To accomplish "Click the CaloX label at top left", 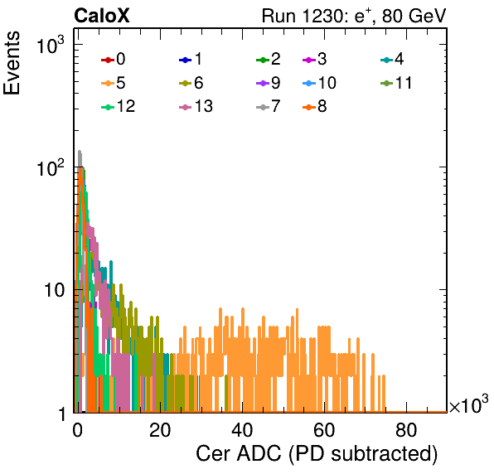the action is pyautogui.click(x=102, y=16).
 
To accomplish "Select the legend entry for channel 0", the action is pyautogui.click(x=114, y=59).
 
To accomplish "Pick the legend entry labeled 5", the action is pyautogui.click(x=114, y=83).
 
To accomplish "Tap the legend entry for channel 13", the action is pyautogui.click(x=196, y=106).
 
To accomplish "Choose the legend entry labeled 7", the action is pyautogui.click(x=269, y=106).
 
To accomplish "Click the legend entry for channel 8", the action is pyautogui.click(x=315, y=106).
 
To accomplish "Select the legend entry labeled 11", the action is pyautogui.click(x=396, y=83).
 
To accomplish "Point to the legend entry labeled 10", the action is pyautogui.click(x=319, y=83).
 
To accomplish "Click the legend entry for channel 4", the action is pyautogui.click(x=392, y=59).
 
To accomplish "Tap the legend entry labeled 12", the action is pyautogui.click(x=119, y=106).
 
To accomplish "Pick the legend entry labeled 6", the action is pyautogui.click(x=191, y=83).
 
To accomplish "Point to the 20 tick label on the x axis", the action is pyautogui.click(x=160, y=430).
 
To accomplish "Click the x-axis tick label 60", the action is pyautogui.click(x=324, y=430).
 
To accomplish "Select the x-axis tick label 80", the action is pyautogui.click(x=406, y=430).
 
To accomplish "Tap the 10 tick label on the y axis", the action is pyautogui.click(x=55, y=290).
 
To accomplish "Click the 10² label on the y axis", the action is pyautogui.click(x=51, y=168).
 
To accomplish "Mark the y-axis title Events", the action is pyautogui.click(x=12, y=63).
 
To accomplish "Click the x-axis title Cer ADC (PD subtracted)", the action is pyautogui.click(x=317, y=454).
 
